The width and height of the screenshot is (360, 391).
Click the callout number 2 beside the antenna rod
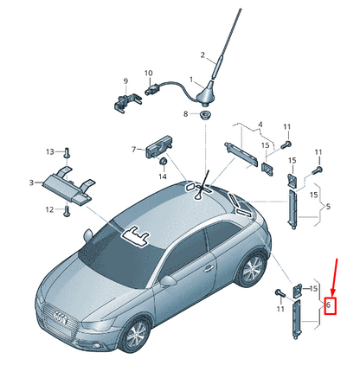202,54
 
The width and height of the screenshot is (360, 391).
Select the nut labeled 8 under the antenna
205,115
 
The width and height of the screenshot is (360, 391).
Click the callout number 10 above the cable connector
149,74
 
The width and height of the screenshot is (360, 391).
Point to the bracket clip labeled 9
127,101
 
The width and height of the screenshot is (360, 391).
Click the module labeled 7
159,147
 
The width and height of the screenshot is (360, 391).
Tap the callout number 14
163,176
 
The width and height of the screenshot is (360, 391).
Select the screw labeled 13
67,152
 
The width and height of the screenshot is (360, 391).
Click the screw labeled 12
67,211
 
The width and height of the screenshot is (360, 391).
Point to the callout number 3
31,183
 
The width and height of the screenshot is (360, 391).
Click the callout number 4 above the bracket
260,125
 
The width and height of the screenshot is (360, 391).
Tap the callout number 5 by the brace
328,207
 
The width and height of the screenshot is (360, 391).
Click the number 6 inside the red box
328,304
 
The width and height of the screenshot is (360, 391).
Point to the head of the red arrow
332,295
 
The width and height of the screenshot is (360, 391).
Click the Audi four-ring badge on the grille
61,317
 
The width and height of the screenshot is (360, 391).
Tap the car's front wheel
136,335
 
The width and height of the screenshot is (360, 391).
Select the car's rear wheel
251,270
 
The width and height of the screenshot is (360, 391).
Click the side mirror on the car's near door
168,281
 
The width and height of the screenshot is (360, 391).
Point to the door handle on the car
209,269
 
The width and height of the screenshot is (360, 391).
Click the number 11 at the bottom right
280,309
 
